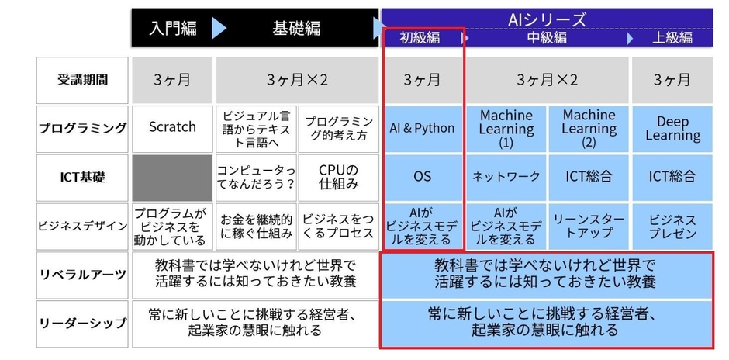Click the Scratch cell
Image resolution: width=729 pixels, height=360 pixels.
click(x=172, y=129)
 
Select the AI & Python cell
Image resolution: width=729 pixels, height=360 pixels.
click(x=422, y=129)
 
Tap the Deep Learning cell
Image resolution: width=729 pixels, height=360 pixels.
click(x=672, y=129)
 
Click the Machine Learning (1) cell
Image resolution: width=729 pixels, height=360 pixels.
click(x=506, y=129)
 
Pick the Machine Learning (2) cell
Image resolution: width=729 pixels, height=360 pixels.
click(x=589, y=129)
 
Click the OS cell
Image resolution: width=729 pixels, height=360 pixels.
click(x=422, y=178)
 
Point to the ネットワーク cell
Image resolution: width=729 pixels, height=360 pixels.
click(x=506, y=178)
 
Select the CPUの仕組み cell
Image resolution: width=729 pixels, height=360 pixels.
click(x=338, y=178)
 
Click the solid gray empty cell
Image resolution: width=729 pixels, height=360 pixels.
click(x=172, y=178)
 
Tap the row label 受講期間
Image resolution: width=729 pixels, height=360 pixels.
click(x=82, y=80)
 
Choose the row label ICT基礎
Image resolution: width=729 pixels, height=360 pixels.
click(x=82, y=178)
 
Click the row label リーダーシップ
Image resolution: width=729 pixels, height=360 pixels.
click(x=82, y=324)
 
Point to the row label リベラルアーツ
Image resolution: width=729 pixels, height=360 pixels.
click(x=82, y=275)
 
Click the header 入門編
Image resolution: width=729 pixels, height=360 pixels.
click(x=173, y=28)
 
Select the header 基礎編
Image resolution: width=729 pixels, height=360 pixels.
click(x=296, y=28)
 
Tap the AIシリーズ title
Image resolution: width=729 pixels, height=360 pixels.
click(x=547, y=19)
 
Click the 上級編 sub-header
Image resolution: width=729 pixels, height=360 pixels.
click(x=672, y=38)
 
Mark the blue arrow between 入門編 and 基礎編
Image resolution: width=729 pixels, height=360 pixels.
click(x=219, y=29)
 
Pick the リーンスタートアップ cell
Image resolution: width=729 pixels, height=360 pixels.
click(x=589, y=226)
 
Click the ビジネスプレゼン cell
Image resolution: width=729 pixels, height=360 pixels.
click(x=672, y=226)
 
